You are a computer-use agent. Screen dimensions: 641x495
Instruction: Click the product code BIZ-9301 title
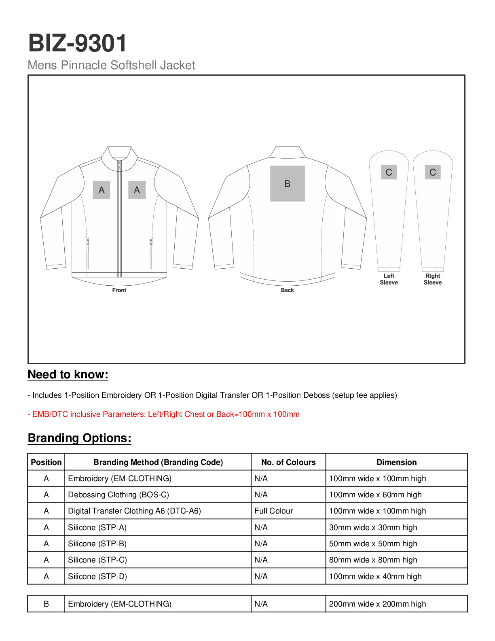click(x=78, y=43)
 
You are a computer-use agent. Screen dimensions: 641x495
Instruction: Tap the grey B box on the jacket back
click(x=287, y=184)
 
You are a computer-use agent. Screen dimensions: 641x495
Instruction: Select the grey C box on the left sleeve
click(x=389, y=172)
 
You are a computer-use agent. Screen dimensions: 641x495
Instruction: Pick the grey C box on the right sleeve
click(x=432, y=172)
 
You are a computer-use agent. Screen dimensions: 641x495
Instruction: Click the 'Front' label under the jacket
click(x=119, y=290)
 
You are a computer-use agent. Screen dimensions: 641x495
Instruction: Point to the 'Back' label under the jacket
click(x=287, y=290)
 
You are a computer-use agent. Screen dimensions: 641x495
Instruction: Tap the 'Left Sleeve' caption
click(x=389, y=279)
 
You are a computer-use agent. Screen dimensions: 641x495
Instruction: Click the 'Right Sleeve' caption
click(x=432, y=279)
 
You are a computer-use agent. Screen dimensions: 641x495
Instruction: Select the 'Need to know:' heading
click(x=68, y=375)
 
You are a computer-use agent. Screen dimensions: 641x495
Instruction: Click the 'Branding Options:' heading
click(x=80, y=438)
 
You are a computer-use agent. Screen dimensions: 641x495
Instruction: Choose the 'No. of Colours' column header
click(x=288, y=462)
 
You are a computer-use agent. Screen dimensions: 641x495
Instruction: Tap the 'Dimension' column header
click(x=396, y=462)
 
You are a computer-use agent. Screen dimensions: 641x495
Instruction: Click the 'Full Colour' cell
click(x=274, y=511)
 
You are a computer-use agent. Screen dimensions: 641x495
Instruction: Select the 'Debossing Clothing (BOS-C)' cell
click(x=118, y=495)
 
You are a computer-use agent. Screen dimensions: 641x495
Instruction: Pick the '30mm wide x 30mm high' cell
click(x=373, y=527)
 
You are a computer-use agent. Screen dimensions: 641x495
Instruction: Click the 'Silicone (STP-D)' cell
click(x=97, y=576)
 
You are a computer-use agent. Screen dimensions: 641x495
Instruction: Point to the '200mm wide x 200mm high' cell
click(x=377, y=604)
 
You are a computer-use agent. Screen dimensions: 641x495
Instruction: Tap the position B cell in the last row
click(x=46, y=604)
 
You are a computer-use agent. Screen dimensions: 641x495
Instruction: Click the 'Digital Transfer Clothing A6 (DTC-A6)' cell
click(x=134, y=511)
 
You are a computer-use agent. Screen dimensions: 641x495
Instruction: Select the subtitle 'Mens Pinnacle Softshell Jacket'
click(x=111, y=65)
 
